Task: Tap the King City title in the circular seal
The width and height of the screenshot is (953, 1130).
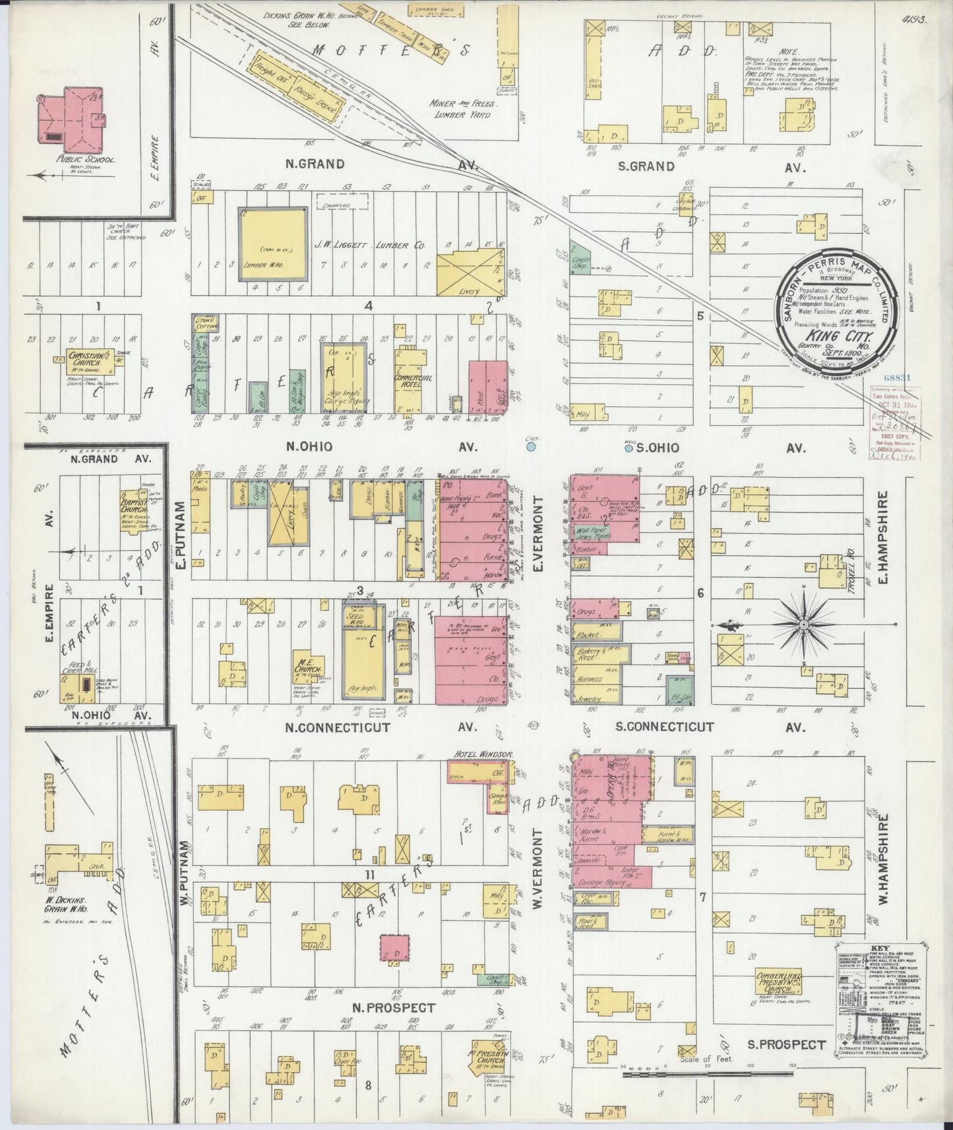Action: [834, 334]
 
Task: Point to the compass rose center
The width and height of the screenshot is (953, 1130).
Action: [805, 623]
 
